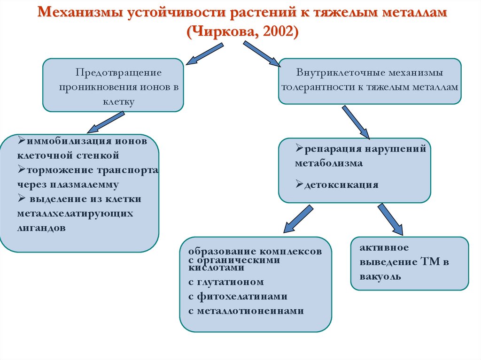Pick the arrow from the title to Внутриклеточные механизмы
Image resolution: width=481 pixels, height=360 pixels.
[x=261, y=53]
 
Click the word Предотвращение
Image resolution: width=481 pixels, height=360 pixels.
[x=119, y=73]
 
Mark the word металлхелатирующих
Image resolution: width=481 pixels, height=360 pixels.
[x=75, y=214]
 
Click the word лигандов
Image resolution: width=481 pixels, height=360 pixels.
[x=42, y=228]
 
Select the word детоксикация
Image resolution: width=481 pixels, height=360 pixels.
[x=341, y=184]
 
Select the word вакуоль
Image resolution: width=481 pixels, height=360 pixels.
[x=381, y=276]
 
